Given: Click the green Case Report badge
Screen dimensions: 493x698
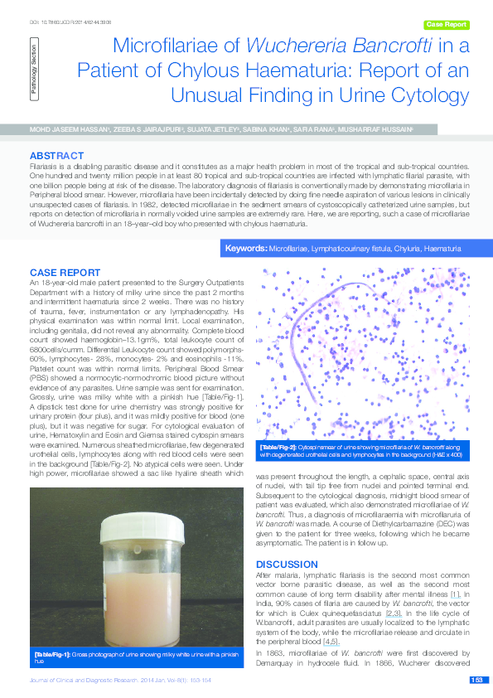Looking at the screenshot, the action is pyautogui.click(x=446, y=25).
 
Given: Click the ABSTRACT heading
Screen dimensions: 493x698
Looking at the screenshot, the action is pyautogui.click(x=56, y=156).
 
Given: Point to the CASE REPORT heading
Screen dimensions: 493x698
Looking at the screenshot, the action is pyautogui.click(x=66, y=273).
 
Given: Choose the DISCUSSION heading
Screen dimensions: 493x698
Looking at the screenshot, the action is pyautogui.click(x=287, y=564).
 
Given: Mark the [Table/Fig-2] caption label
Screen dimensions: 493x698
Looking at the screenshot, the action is pyautogui.click(x=280, y=447).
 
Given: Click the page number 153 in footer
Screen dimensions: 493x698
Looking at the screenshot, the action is pyautogui.click(x=476, y=681).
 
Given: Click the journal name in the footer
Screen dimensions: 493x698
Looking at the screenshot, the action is pyautogui.click(x=84, y=681).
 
